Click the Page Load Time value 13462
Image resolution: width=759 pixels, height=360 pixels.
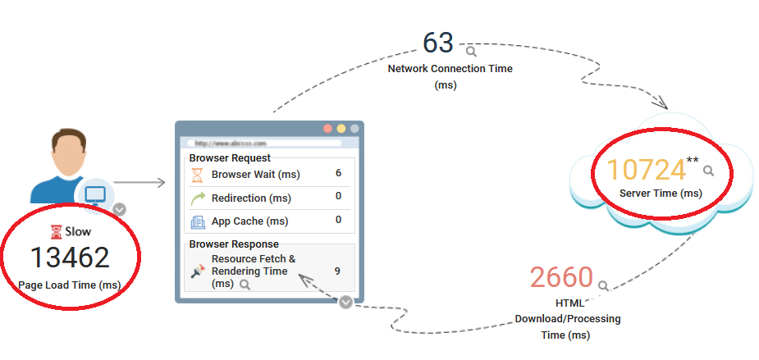70,257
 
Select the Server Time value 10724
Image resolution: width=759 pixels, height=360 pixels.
646,170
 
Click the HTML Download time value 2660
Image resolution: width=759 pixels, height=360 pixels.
561,277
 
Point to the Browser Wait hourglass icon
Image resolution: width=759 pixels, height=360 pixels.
197,174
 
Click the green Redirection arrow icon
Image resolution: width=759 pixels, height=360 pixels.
197,198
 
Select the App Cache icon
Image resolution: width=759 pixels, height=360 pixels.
197,221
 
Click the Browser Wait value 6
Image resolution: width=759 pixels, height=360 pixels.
338,173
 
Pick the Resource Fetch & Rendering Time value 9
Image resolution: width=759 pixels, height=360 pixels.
338,271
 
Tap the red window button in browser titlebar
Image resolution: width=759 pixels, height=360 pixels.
327,129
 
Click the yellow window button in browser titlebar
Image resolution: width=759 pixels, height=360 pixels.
341,129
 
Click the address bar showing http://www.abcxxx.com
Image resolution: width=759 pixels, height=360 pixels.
263,143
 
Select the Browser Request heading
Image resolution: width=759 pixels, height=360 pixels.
230,157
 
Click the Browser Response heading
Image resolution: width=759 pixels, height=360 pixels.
234,244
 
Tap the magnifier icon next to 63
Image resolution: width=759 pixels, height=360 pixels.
471,51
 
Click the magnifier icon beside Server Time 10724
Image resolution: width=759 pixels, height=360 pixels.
708,171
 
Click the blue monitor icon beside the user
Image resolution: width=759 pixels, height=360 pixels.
95,195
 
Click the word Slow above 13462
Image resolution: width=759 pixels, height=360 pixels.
77,231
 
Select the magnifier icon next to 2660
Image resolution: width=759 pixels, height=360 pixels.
603,286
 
